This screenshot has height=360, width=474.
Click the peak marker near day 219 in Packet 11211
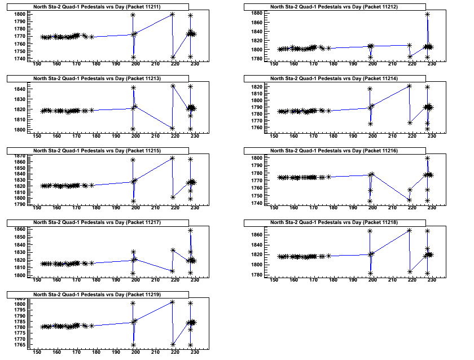pyautogui.click(x=173, y=14)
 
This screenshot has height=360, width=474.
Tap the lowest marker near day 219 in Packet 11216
pyautogui.click(x=410, y=200)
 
